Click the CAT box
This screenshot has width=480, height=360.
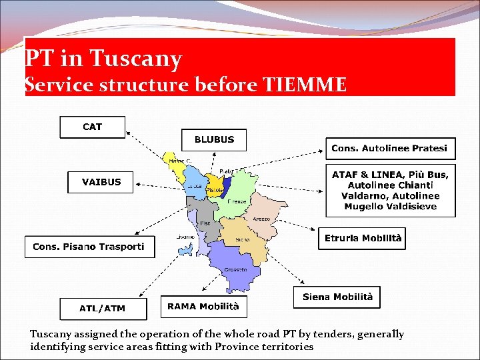tap(92, 127)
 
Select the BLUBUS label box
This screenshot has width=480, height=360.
tap(214, 140)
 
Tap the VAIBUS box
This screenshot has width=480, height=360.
tap(101, 182)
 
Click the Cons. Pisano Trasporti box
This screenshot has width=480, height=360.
tap(89, 247)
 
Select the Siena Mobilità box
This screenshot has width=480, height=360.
tap(337, 297)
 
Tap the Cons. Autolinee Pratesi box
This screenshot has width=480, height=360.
tap(389, 148)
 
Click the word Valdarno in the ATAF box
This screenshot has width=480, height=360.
tap(365, 195)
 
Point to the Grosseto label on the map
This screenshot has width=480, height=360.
tap(235, 270)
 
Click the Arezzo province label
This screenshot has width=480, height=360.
tap(261, 219)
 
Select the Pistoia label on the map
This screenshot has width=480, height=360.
tap(214, 190)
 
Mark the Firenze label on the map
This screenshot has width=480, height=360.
tap(237, 201)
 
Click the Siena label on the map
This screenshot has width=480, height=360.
tap(242, 239)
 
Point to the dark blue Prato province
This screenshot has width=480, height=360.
tap(227, 183)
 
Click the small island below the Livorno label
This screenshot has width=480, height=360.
tap(183, 251)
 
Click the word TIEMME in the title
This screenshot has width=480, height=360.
tap(305, 85)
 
